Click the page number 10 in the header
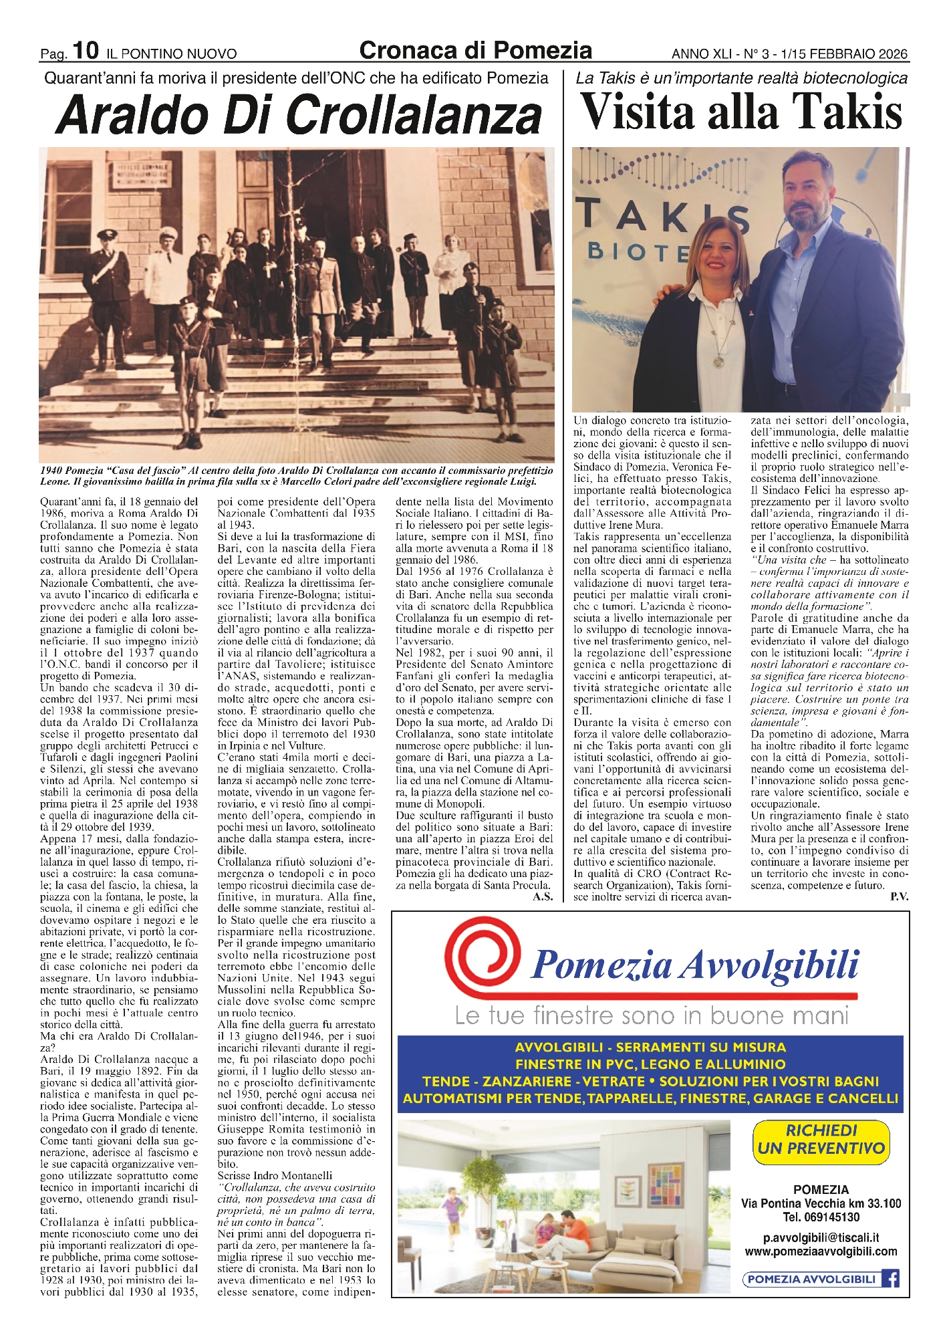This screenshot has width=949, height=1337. [x=86, y=50]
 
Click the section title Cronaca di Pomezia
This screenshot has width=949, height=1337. [x=475, y=50]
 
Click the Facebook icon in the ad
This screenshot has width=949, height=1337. [x=890, y=1279]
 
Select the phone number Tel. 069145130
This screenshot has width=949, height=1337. [x=821, y=1217]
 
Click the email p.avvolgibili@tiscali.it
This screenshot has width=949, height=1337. [x=821, y=1237]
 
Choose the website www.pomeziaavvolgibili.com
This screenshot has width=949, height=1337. [x=821, y=1251]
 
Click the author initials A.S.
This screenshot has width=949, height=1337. [x=542, y=896]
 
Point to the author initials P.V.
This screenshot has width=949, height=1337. [x=899, y=896]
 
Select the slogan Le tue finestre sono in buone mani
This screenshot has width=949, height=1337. [x=651, y=1015]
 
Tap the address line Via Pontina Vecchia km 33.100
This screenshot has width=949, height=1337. [x=821, y=1203]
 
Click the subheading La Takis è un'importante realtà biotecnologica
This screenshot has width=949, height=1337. [x=741, y=78]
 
